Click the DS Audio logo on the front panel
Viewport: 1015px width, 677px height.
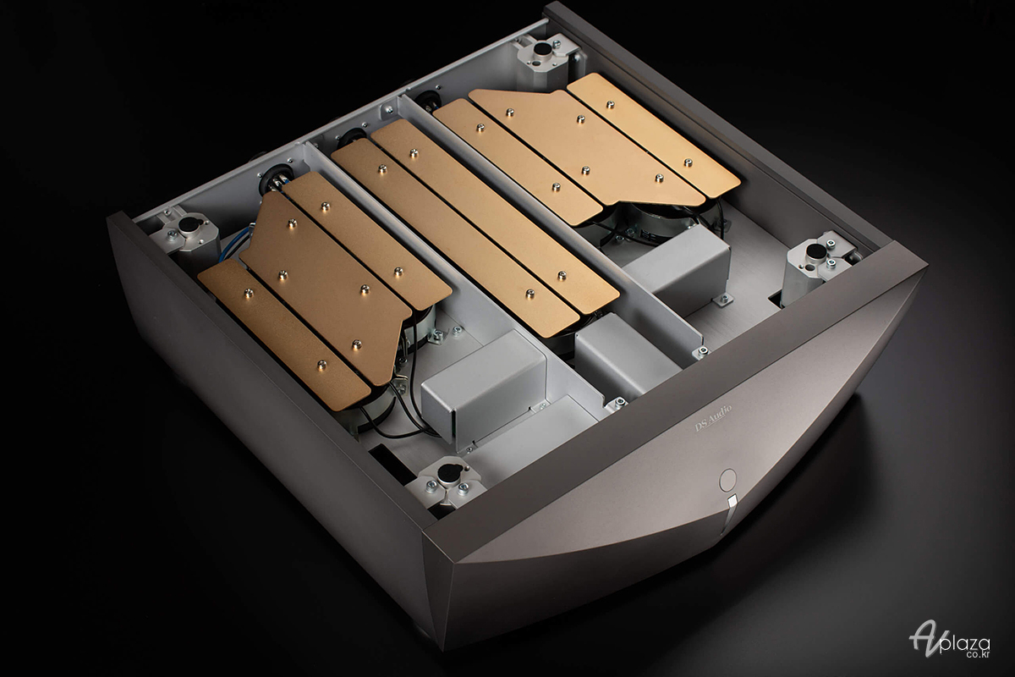click(713, 418)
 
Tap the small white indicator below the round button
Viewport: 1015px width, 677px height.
click(732, 502)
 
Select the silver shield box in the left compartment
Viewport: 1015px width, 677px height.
click(484, 387)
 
